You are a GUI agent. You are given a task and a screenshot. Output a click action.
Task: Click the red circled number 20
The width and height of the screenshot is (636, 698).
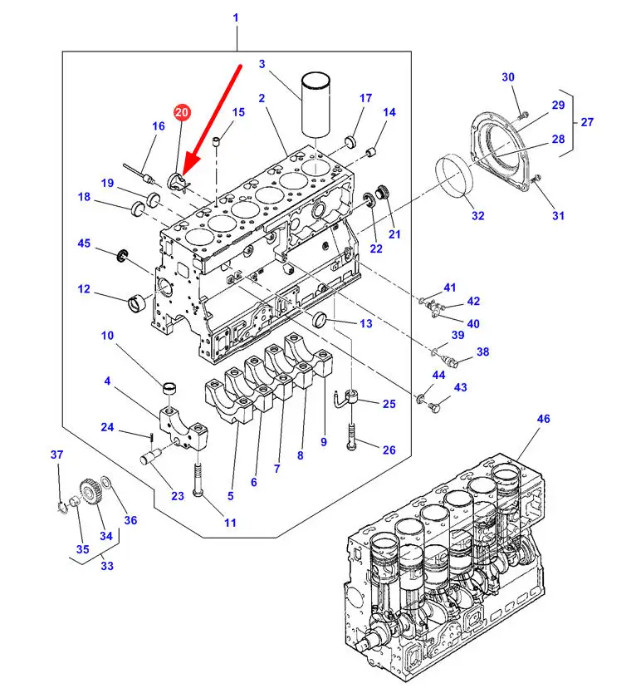[x=182, y=112]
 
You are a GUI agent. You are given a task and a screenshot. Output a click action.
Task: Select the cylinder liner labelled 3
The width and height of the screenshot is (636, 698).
[x=316, y=104]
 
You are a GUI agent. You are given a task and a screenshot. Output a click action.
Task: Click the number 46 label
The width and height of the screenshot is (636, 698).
[x=543, y=419]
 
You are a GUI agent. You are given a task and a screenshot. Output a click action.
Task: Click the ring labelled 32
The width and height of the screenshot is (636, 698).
[x=453, y=176]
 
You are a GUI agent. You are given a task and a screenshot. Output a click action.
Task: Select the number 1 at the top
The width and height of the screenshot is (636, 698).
[x=236, y=17]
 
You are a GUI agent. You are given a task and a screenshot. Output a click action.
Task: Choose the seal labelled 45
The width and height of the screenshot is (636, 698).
[x=122, y=256]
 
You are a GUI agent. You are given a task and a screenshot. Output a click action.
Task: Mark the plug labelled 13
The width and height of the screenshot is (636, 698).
[x=320, y=321]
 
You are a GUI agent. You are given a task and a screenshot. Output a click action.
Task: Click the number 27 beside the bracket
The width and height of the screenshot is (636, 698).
[x=587, y=122]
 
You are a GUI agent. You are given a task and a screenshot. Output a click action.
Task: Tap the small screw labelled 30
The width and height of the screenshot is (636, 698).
[x=523, y=116]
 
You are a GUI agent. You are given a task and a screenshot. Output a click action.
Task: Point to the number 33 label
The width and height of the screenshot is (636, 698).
[x=107, y=566]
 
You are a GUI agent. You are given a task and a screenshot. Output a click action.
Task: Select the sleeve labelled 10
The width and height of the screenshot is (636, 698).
[x=169, y=388]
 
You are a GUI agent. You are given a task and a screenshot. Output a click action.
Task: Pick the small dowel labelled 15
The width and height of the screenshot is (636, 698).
[x=217, y=142]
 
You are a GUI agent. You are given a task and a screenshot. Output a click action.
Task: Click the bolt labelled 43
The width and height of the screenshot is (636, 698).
[x=434, y=407]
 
